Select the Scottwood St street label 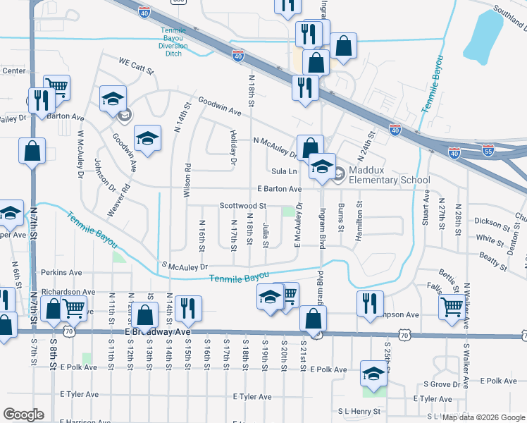pyautogui.click(x=242, y=205)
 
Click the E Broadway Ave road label pyautogui.click(x=158, y=331)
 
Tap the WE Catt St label pyautogui.click(x=136, y=61)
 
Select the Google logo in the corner pyautogui.click(x=23, y=415)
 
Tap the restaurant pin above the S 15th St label pyautogui.click(x=189, y=307)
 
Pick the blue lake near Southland pyautogui.click(x=487, y=36)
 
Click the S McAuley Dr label pyautogui.click(x=184, y=266)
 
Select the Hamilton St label pyautogui.click(x=359, y=222)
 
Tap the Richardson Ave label pyautogui.click(x=68, y=291)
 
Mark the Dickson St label pyautogui.click(x=491, y=223)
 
